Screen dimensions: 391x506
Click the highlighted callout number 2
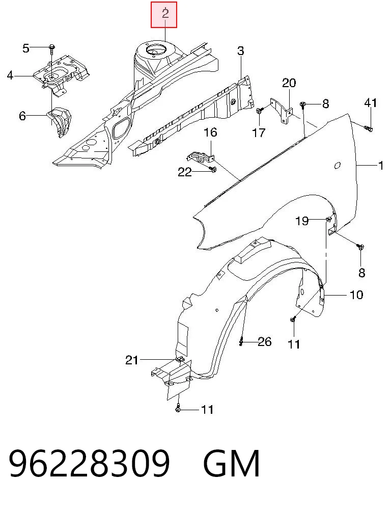click(x=165, y=14)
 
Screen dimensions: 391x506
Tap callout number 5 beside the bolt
click(x=26, y=48)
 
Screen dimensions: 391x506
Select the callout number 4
click(x=10, y=75)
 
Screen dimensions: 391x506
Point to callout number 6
click(x=22, y=116)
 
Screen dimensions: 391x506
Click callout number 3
click(x=241, y=51)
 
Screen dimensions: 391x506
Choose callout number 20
click(x=289, y=83)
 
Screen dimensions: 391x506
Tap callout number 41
click(x=370, y=103)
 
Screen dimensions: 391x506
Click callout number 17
click(x=259, y=132)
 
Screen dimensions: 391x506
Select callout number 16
click(x=210, y=132)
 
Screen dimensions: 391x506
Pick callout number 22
click(x=185, y=172)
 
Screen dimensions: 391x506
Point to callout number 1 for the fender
click(x=381, y=166)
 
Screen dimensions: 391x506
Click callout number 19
click(x=302, y=221)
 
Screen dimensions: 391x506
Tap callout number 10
click(x=356, y=295)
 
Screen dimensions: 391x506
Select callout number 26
click(x=265, y=341)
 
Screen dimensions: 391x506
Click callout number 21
click(x=132, y=360)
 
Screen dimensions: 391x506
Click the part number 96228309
click(x=89, y=463)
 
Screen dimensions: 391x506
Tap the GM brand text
click(x=232, y=463)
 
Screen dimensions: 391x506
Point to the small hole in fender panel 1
click(x=337, y=165)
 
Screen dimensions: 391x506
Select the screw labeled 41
click(x=369, y=129)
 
